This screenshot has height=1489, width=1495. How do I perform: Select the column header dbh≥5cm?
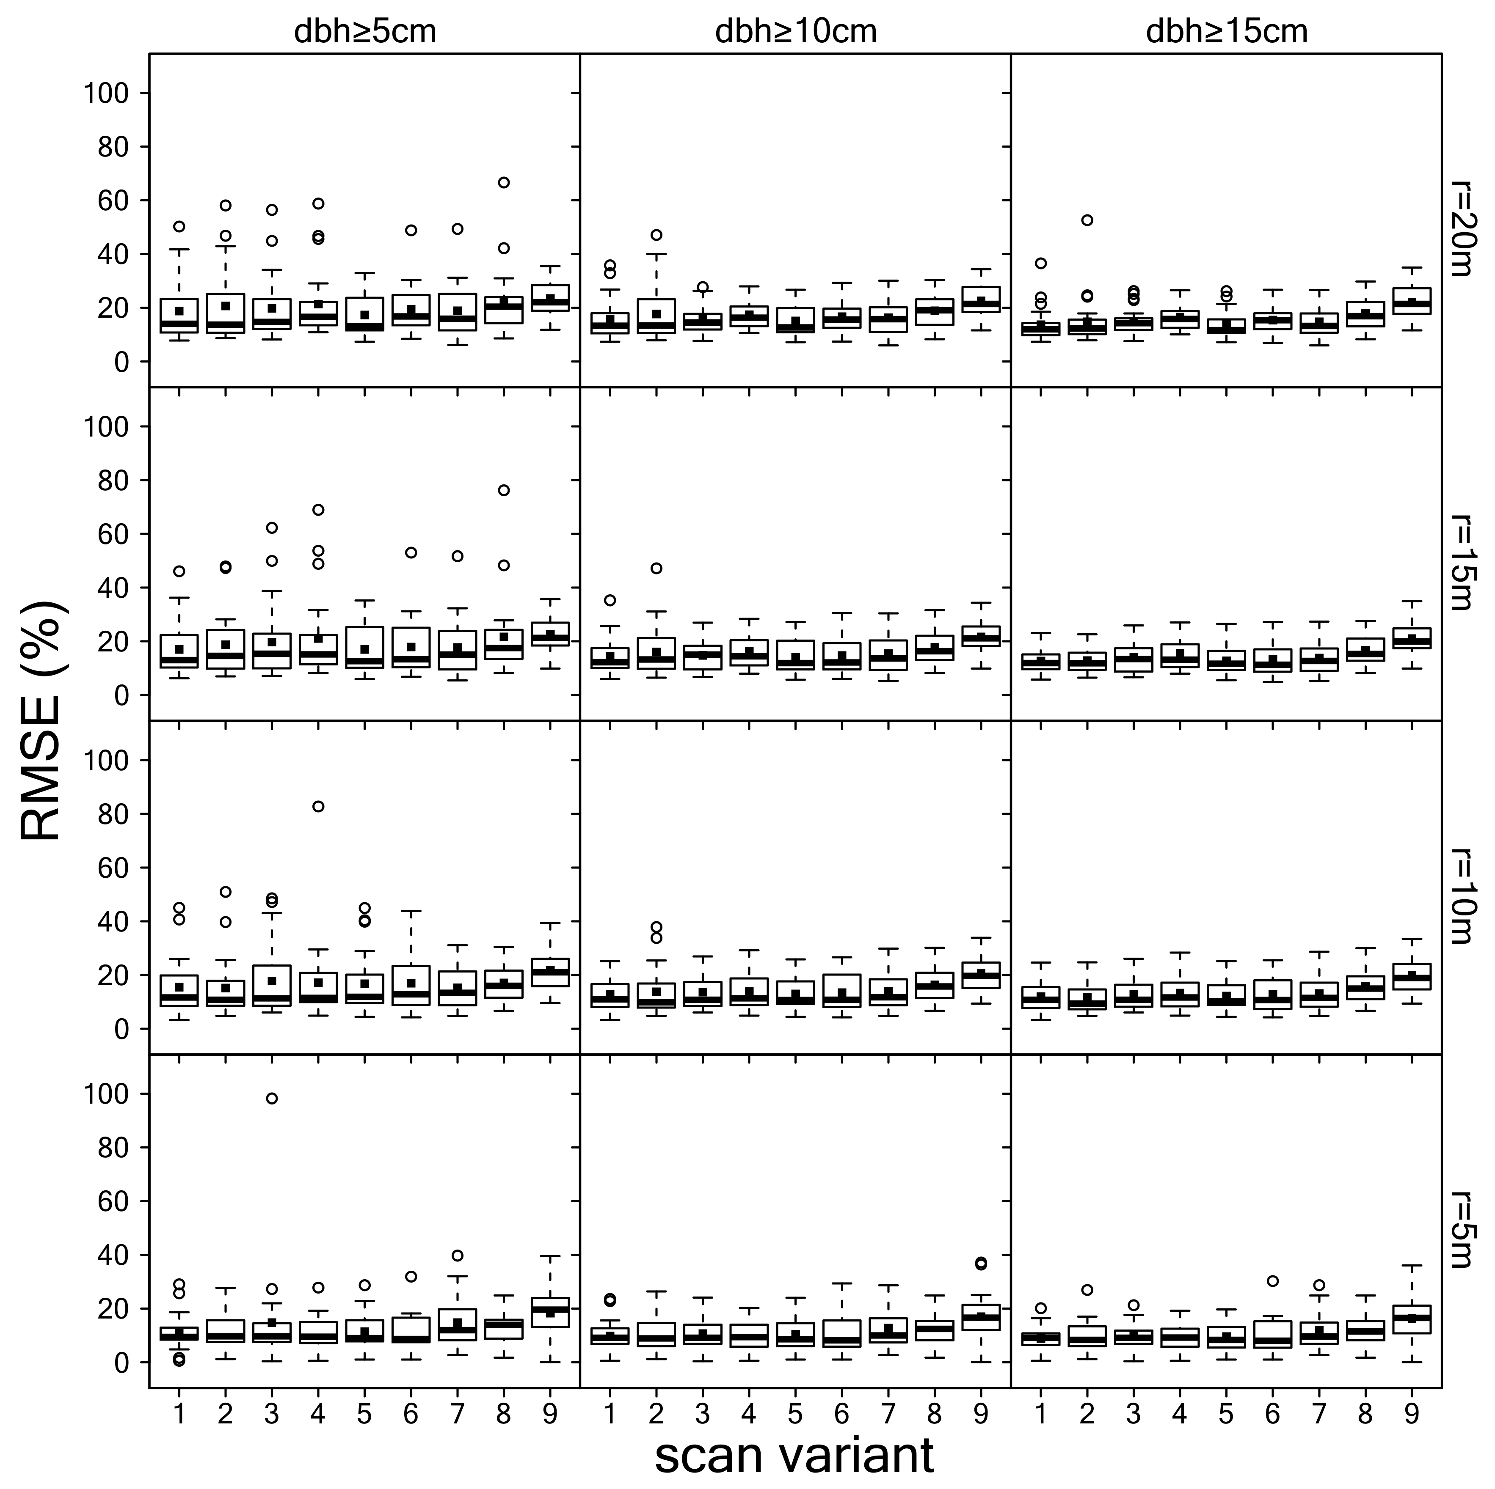pyautogui.click(x=364, y=32)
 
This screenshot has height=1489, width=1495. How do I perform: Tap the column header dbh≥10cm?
pyautogui.click(x=795, y=32)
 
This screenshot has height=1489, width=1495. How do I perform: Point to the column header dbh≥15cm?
pyautogui.click(x=1227, y=32)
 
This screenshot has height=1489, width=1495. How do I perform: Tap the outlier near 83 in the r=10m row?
pyautogui.click(x=318, y=806)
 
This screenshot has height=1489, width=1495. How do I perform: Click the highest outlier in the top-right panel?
pyautogui.click(x=1087, y=220)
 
